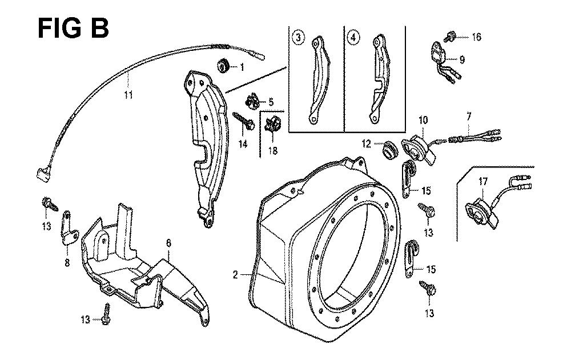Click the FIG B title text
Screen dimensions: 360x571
tap(73, 27)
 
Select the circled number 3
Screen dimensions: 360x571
tap(298, 38)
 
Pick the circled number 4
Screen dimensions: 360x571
tap(354, 38)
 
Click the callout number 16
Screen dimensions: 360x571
tap(476, 37)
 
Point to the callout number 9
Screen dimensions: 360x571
tap(463, 58)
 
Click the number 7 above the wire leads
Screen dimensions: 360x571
tap(469, 117)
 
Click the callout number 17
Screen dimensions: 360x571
tap(482, 182)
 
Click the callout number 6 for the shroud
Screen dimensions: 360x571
tap(168, 243)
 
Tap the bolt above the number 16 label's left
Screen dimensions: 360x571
tap(450, 37)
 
